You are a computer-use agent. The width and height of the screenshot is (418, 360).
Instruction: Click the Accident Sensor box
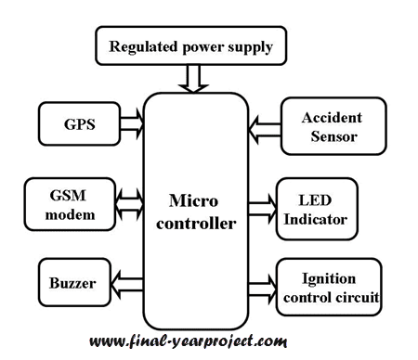coord(330,128)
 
